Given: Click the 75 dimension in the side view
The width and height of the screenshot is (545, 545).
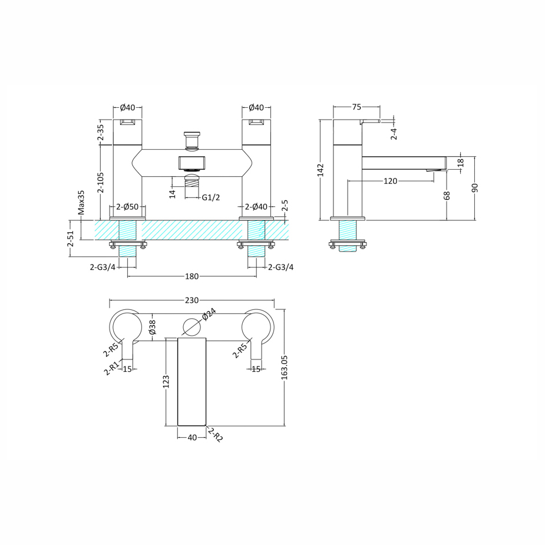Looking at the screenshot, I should (x=356, y=107).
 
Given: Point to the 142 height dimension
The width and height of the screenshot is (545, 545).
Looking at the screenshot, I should (x=321, y=170).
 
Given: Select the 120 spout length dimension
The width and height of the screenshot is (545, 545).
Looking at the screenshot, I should (x=390, y=181).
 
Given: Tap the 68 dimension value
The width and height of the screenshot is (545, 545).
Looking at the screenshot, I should (x=447, y=195).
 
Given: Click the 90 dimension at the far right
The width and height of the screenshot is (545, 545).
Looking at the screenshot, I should (x=475, y=188).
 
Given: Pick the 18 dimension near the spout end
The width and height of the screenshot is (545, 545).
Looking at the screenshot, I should (x=461, y=162).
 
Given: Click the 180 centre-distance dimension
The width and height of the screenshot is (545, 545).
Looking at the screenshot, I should (x=192, y=276).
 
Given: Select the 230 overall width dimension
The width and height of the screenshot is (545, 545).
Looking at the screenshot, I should (x=192, y=300).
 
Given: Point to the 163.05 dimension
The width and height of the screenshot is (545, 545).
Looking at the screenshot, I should (x=285, y=366).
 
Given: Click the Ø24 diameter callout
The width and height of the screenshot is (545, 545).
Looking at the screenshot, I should (x=209, y=315).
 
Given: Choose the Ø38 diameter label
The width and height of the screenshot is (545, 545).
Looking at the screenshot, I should (x=152, y=327).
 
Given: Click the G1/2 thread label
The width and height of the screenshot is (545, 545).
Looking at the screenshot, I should (x=211, y=197).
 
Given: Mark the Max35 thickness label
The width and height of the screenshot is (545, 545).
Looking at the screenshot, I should (x=82, y=203).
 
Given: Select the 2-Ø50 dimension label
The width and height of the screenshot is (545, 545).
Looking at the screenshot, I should (x=127, y=207).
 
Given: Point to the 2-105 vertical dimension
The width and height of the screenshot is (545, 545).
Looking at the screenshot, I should (x=101, y=183).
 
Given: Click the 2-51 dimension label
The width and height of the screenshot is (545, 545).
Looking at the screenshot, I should (x=71, y=239).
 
